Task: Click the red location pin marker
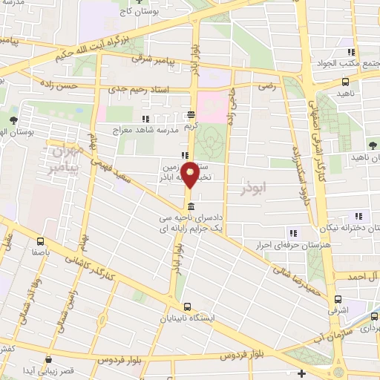click(x=191, y=174)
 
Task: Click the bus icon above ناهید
click(x=345, y=82)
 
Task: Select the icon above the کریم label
click(x=191, y=114)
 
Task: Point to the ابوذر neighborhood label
click(x=252, y=190)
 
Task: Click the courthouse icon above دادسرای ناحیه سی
click(x=191, y=206)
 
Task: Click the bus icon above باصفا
click(x=41, y=240)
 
